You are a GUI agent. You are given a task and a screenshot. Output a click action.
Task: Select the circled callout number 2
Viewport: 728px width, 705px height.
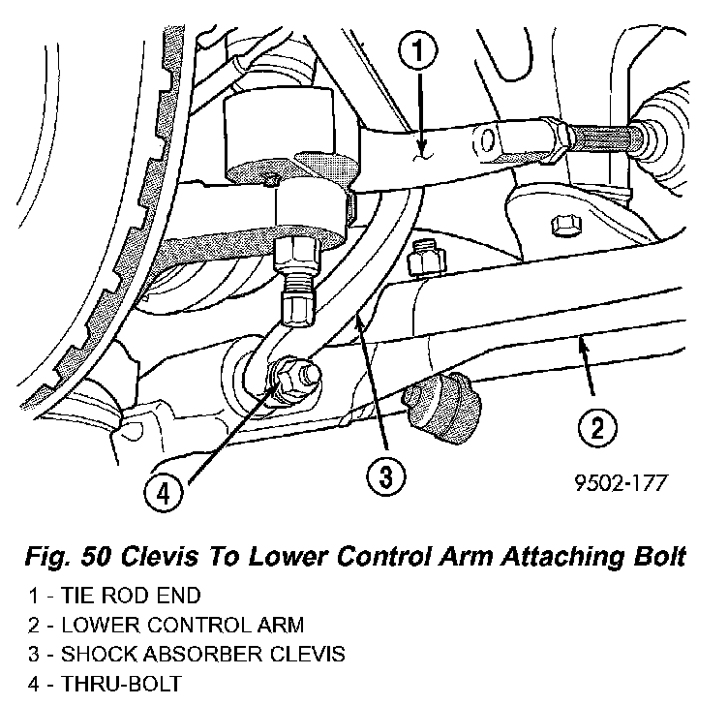point(597,426)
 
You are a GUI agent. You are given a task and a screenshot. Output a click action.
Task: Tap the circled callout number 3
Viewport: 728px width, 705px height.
point(384,475)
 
